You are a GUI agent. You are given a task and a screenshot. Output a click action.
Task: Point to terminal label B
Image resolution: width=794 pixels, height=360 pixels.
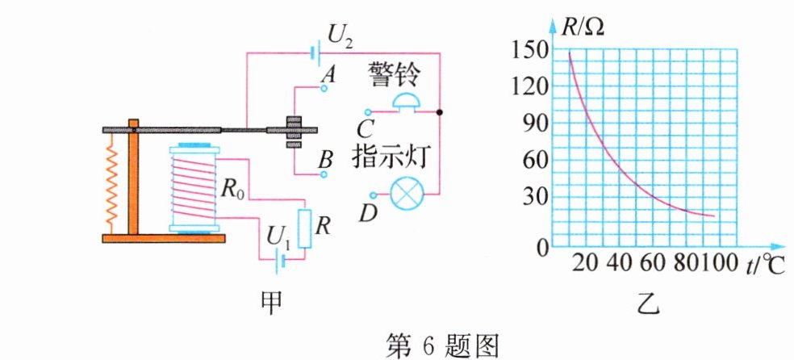tap(325, 159)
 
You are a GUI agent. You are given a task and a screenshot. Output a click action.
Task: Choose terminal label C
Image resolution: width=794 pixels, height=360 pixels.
tap(366, 127)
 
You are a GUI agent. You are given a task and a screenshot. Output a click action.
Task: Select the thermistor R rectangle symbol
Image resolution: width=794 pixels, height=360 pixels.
tap(304, 228)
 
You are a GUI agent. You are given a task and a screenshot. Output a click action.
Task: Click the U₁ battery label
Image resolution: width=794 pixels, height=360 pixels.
tap(279, 237)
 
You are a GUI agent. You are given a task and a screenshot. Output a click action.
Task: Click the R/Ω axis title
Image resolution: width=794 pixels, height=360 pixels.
tap(583, 25)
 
